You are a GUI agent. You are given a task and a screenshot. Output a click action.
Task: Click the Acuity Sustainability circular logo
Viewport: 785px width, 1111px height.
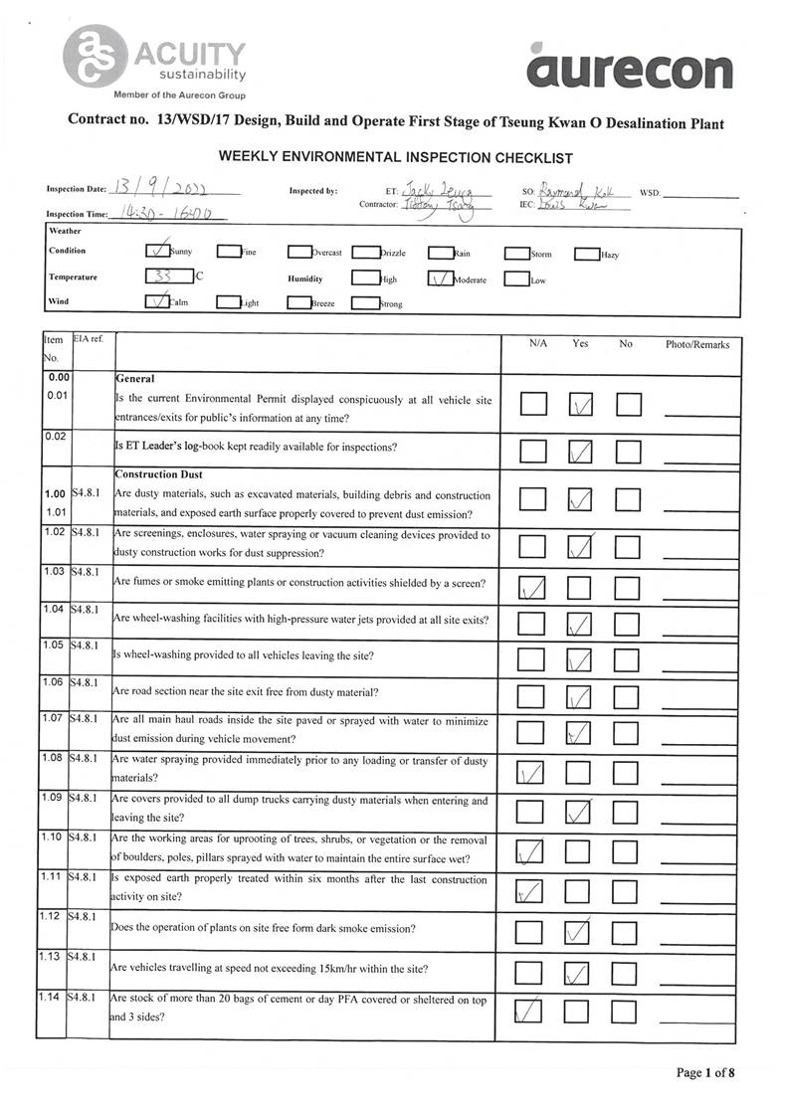pos(94,56)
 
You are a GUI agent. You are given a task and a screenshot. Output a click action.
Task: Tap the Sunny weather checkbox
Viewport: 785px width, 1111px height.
pos(157,252)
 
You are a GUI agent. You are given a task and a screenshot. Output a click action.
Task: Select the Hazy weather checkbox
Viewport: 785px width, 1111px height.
pos(586,253)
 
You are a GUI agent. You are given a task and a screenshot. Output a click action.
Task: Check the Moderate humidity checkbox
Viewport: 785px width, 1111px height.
pos(440,279)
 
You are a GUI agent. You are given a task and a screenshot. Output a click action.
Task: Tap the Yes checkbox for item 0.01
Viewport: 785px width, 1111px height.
pos(580,405)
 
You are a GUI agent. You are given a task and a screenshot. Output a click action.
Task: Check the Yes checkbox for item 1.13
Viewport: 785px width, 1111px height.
pos(579,973)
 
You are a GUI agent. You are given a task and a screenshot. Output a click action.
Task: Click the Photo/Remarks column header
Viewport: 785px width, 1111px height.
pos(696,344)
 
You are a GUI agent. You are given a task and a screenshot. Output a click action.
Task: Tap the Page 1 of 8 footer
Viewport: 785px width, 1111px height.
pos(704,1072)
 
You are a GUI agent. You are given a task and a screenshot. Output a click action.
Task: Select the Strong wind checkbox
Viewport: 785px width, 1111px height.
pos(366,303)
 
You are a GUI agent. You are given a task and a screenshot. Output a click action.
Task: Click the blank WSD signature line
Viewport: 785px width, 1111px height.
pos(701,194)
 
